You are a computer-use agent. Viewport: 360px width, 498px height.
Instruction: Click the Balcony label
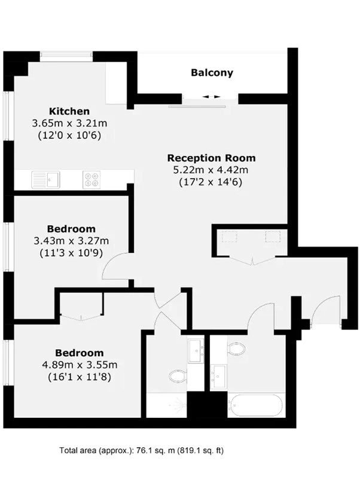[212, 73]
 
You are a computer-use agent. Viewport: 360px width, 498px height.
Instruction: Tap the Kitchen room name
[69, 111]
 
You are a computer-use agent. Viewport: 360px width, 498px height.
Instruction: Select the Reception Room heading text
[211, 158]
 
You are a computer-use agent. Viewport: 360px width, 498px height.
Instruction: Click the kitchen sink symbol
[45, 179]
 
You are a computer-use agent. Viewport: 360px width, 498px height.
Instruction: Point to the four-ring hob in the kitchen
[92, 179]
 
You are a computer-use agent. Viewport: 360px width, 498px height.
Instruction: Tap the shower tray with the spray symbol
[166, 405]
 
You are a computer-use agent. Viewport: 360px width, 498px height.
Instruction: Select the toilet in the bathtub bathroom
[237, 349]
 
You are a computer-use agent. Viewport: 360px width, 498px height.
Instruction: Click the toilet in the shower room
[178, 377]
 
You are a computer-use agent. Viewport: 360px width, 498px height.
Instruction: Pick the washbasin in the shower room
[196, 351]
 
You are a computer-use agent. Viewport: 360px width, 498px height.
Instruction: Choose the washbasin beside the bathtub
[219, 377]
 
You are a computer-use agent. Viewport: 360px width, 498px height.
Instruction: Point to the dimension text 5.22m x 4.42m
[210, 170]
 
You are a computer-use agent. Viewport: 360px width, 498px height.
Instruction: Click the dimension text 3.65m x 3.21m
[69, 123]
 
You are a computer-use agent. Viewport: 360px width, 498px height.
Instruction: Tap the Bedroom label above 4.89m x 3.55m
[80, 353]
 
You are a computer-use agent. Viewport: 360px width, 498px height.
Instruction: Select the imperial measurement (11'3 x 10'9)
[71, 253]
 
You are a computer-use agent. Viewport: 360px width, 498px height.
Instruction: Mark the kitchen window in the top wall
[66, 57]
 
